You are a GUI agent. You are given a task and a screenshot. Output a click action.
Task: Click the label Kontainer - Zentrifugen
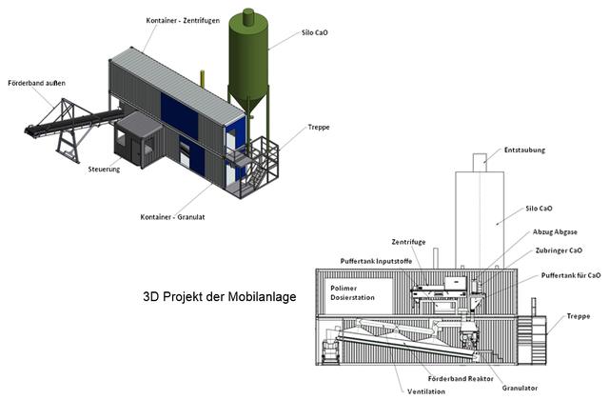tap(183, 20)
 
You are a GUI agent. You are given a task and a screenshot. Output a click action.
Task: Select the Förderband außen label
tap(36, 83)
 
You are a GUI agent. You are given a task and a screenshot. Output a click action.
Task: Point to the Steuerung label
tap(104, 170)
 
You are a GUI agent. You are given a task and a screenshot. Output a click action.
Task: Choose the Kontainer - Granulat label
tap(172, 217)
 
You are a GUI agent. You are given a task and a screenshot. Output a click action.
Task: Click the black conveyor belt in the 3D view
tap(74, 121)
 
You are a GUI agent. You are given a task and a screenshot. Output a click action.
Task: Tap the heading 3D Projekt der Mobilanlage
tap(220, 296)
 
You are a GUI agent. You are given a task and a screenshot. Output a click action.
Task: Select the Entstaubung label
tap(524, 150)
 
